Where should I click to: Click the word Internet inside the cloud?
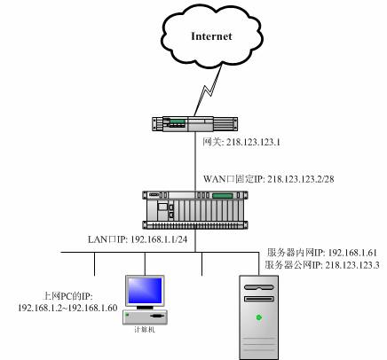211,36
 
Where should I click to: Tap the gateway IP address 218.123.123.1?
253,143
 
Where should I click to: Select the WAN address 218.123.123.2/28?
301,179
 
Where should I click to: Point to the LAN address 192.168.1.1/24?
159,239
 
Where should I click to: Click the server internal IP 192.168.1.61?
352,253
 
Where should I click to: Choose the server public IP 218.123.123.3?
352,265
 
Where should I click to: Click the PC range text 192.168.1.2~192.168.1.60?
67,308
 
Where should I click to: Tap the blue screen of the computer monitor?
145,291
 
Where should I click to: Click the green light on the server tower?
259,317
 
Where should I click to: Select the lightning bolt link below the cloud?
209,90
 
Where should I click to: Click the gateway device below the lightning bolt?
195,124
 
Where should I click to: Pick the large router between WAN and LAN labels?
195,210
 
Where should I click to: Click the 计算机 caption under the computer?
145,330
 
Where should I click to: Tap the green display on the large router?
222,196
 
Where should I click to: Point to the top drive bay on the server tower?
259,287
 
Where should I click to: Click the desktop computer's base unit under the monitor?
145,317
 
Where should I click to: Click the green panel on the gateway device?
178,121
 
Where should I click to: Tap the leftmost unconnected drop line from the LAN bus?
94,264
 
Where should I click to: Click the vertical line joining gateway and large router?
195,161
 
